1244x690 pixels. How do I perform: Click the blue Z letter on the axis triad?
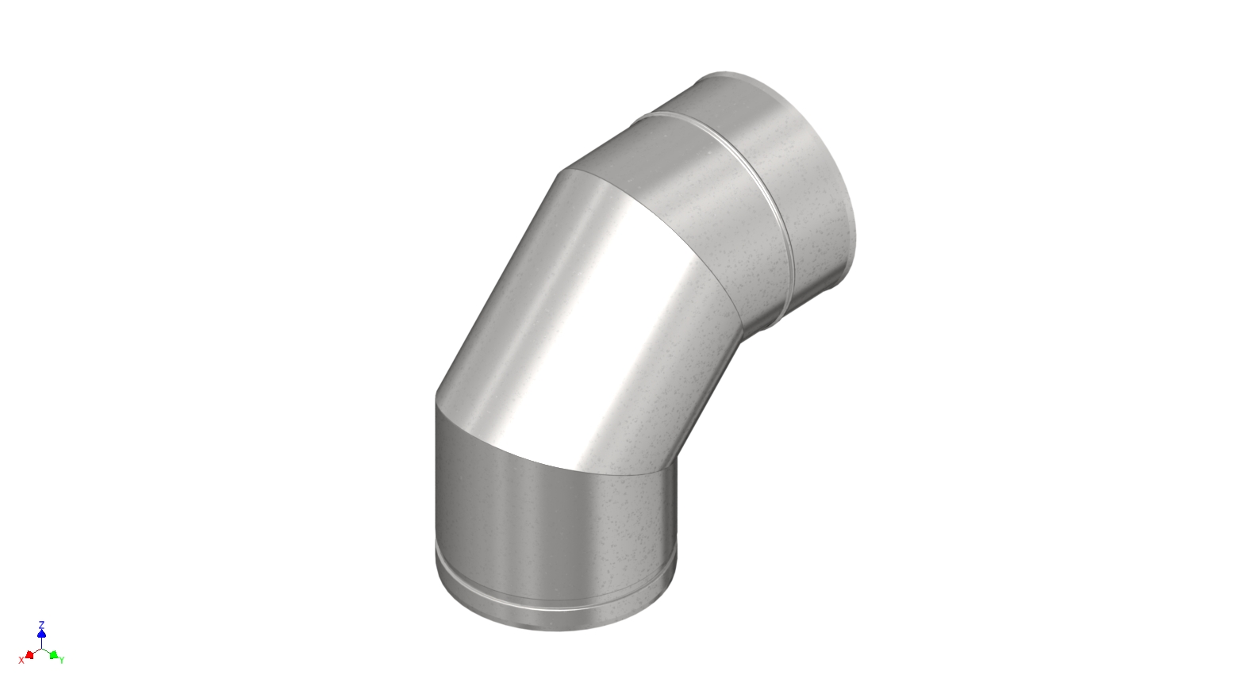[41, 624]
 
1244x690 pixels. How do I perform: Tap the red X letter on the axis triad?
[21, 660]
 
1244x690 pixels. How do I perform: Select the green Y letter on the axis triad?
[62, 660]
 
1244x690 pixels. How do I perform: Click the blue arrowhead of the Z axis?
[41, 634]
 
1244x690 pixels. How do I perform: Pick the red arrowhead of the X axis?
[29, 654]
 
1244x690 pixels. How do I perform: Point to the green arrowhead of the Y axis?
[53, 654]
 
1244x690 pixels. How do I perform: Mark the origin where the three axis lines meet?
[41, 648]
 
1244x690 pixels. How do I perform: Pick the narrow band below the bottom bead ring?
[555, 619]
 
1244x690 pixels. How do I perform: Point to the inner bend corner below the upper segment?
[741, 341]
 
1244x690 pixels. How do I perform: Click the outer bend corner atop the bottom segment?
[436, 396]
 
